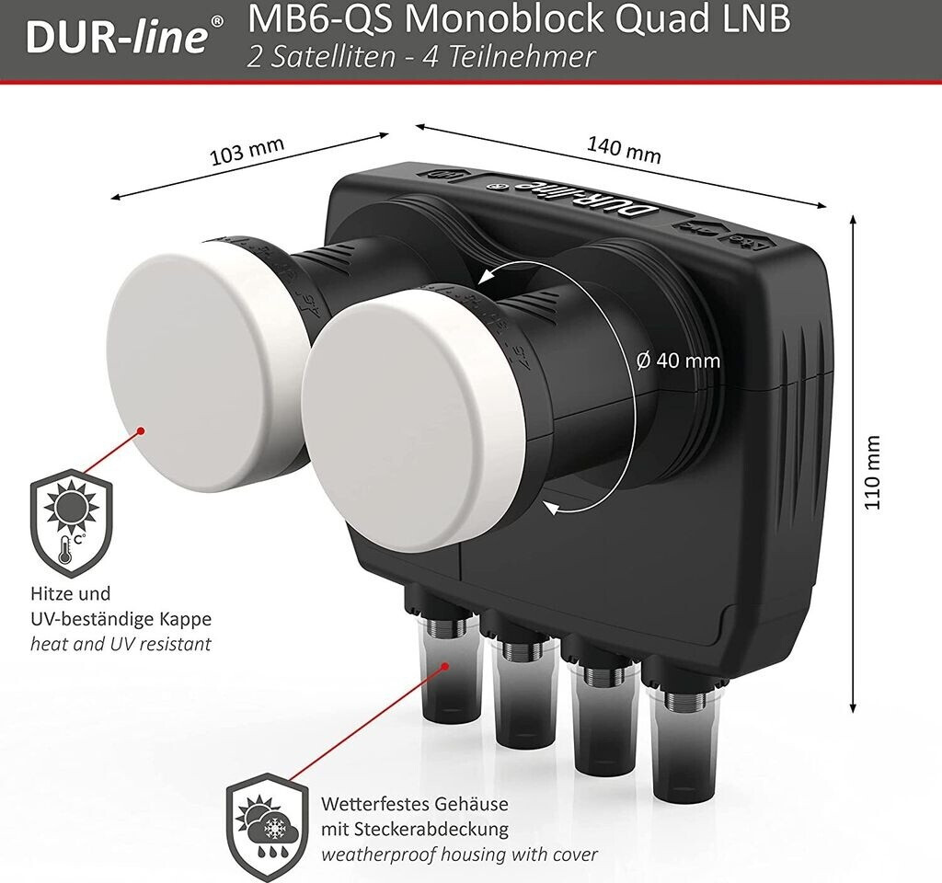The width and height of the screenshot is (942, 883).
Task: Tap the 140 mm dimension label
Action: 625,150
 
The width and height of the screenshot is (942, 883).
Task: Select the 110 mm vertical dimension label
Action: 872,472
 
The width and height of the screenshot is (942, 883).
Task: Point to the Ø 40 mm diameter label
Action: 678,361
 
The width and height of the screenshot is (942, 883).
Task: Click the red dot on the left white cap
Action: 141,430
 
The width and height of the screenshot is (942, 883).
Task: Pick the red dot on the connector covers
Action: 444,666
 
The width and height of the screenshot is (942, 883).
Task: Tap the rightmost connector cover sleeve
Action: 681,746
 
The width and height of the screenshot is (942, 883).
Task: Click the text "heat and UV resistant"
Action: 121,644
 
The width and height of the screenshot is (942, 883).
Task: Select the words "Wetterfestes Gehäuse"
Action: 415,804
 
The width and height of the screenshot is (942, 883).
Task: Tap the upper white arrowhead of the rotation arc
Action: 487,277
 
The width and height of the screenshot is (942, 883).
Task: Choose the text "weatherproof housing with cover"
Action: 460,854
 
